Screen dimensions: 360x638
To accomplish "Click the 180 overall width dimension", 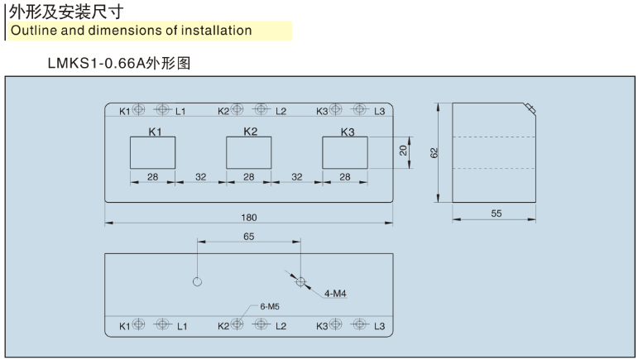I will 249,218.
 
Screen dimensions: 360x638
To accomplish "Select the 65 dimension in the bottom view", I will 249,236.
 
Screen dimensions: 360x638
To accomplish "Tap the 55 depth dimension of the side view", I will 496,214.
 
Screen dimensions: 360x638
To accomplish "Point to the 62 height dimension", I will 434,151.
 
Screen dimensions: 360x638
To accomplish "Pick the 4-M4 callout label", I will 335,293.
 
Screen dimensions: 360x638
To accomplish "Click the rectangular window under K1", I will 153,153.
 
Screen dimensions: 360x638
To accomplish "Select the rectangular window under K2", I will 249,153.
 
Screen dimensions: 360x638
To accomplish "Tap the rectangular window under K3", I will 345,153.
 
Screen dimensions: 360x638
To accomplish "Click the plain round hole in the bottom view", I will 197,281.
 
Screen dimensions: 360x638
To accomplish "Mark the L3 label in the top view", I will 380,111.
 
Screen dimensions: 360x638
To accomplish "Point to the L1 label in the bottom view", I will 182,326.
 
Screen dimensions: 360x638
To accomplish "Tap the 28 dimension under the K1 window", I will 153,177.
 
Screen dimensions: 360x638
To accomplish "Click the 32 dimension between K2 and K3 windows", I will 297,177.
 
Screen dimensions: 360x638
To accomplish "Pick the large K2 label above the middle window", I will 251,131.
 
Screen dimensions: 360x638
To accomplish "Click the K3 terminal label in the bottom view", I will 323,326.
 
